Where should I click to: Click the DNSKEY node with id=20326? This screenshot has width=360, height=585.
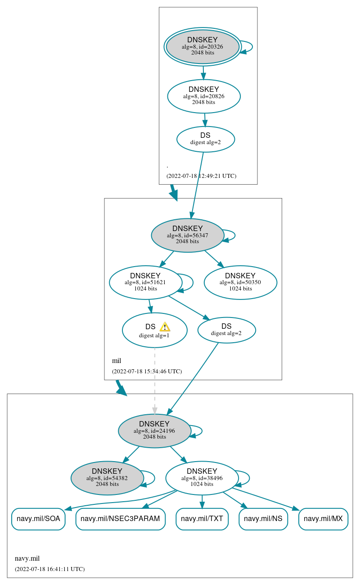point(202,47)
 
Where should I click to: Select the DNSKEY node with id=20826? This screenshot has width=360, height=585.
point(204,96)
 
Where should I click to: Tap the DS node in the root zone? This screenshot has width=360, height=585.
point(206,139)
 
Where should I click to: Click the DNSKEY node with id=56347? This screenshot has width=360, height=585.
point(188,235)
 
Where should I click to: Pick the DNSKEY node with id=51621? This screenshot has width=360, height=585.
point(145,282)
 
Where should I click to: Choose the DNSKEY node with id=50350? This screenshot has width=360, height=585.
point(240,282)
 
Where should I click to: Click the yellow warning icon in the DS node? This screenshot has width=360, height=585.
point(165,327)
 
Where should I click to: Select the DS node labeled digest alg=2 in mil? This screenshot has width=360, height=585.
point(226,330)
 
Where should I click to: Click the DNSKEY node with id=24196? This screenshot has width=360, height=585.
point(154,431)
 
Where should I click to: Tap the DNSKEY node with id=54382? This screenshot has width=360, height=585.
point(107,478)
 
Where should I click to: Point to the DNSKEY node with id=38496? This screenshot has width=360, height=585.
point(202,478)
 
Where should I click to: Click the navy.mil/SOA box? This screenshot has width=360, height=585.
point(38,519)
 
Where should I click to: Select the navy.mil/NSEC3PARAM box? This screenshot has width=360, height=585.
point(120,519)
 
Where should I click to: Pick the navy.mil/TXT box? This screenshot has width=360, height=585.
point(202,519)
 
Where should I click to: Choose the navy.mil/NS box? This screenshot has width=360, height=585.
point(263,519)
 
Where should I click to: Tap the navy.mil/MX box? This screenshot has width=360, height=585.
point(323,519)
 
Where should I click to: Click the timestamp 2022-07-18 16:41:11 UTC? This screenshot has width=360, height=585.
point(49,569)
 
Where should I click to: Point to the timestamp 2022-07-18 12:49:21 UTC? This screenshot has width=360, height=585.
point(201,176)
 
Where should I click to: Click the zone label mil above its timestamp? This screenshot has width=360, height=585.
point(117,361)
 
